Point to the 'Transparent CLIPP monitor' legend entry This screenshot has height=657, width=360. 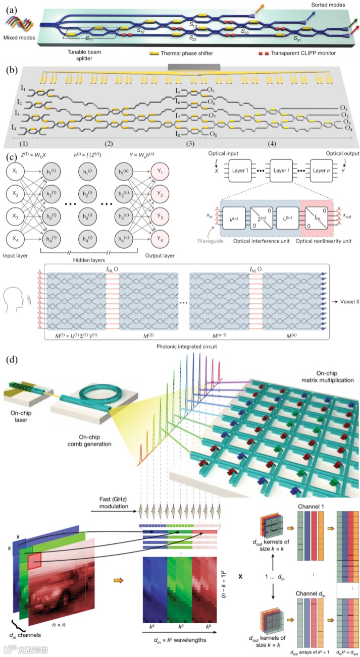pyautogui.click(x=310, y=53)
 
